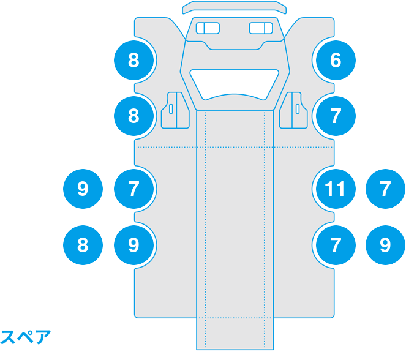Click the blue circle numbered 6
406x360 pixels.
coord(335,60)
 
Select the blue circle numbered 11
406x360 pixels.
coord(335,189)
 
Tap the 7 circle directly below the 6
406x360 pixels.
coord(335,115)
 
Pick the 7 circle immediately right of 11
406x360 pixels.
coord(385,189)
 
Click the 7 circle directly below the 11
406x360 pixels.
coord(335,245)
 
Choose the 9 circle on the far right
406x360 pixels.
coord(385,245)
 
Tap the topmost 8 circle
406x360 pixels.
coord(133,60)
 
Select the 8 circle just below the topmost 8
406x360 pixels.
coord(133,115)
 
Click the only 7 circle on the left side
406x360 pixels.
coord(133,189)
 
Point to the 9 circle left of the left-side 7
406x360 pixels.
coord(83,189)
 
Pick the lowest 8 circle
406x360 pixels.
coord(83,245)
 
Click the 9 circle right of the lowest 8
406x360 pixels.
coord(133,245)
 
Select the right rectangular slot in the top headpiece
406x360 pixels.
coord(261,28)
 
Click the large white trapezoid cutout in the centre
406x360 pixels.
coord(235,81)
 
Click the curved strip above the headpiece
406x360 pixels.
coord(235,7)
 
